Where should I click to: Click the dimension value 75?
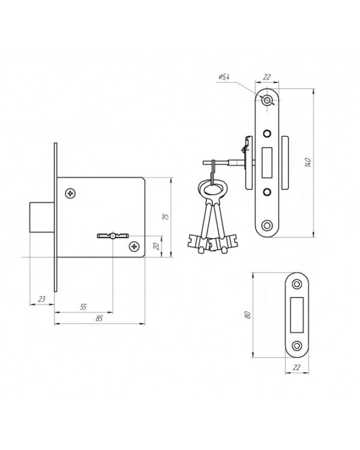click(x=166, y=217)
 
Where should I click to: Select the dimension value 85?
click(x=99, y=318)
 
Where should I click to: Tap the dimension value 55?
click(x=83, y=307)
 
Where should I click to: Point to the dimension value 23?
click(x=41, y=299)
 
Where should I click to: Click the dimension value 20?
click(x=157, y=246)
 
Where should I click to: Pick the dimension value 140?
click(x=308, y=163)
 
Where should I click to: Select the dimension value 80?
click(x=248, y=314)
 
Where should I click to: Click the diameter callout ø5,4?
click(x=224, y=77)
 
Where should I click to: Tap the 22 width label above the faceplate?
click(x=267, y=77)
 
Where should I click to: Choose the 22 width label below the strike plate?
click(x=297, y=367)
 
